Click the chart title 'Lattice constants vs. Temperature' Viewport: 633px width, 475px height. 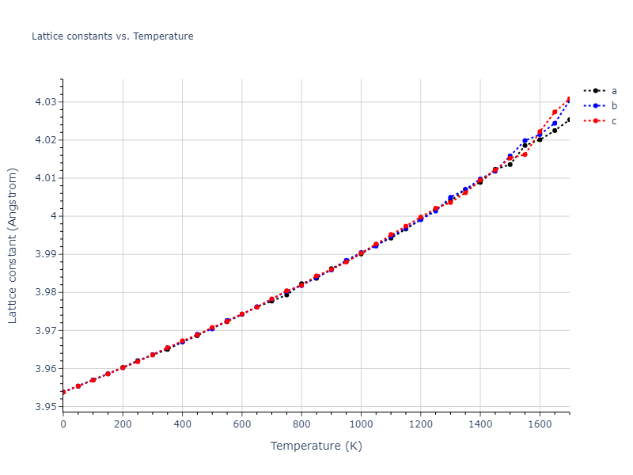tap(112, 36)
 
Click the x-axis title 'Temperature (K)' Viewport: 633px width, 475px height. tap(316, 446)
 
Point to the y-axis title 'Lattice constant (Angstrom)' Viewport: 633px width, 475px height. tap(13, 245)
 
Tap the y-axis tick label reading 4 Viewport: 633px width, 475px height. tap(52, 216)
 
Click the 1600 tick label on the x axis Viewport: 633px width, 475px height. tap(540, 424)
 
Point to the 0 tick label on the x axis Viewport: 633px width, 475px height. tap(63, 424)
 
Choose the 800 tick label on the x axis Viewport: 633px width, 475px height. tap(301, 424)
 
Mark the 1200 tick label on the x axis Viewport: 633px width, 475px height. tap(420, 424)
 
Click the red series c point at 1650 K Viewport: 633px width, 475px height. tap(555, 112)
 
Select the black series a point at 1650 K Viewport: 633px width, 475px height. tap(555, 130)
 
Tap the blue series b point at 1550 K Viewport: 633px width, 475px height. tap(525, 141)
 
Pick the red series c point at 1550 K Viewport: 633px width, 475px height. tap(525, 154)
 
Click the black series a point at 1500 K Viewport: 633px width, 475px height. tap(510, 164)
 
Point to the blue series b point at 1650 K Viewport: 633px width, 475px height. tap(555, 123)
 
